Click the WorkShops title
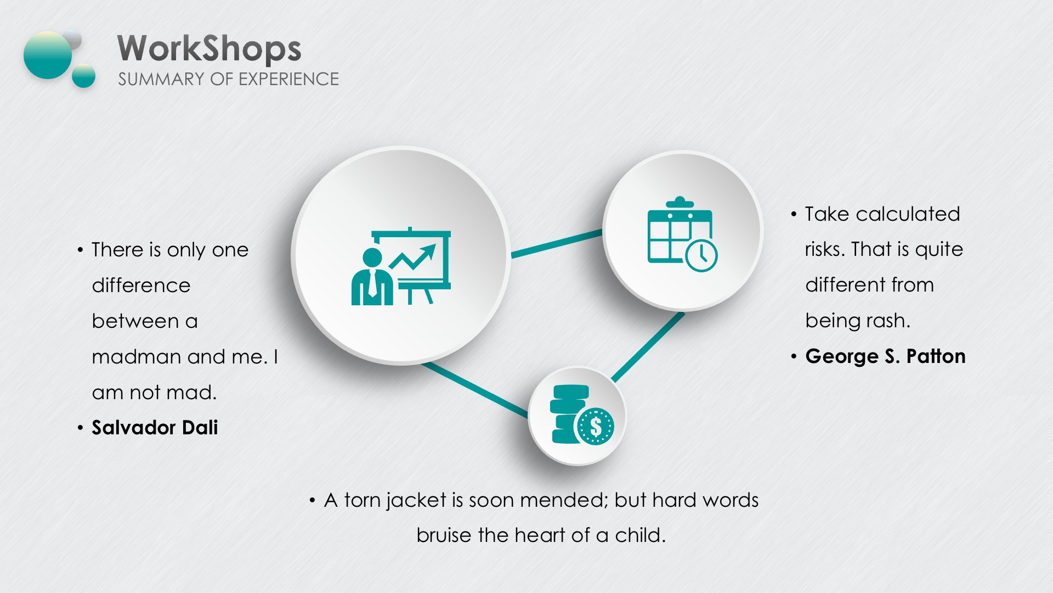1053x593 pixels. pos(210,48)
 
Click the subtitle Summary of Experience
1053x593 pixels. pos(228,79)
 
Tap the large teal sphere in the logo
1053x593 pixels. pos(48,55)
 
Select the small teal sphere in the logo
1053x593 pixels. pos(84,76)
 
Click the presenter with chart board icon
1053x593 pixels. pos(401,266)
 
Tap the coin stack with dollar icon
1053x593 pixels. pos(582,414)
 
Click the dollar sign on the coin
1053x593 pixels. pos(596,426)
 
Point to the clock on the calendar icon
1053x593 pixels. pos(701,255)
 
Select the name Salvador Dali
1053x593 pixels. pos(155,427)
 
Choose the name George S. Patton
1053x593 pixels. pos(885,356)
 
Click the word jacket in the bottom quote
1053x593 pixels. pos(416,500)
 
